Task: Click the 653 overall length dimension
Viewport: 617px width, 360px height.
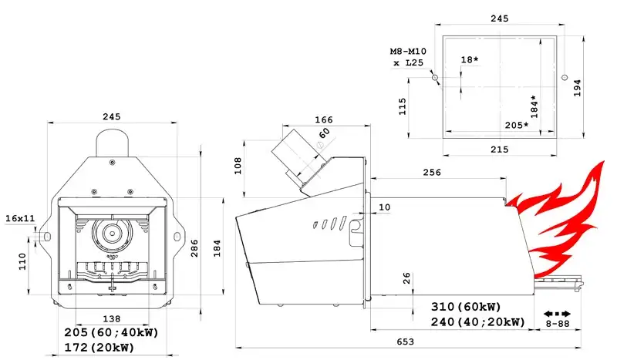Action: pyautogui.click(x=405, y=341)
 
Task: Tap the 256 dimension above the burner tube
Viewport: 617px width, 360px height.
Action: pyautogui.click(x=432, y=173)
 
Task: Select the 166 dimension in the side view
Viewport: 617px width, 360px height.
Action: pyautogui.click(x=323, y=119)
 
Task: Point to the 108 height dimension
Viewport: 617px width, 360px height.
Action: pyautogui.click(x=238, y=166)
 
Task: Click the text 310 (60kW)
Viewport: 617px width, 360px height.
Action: pyautogui.click(x=466, y=307)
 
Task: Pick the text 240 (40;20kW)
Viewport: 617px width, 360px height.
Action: pyautogui.click(x=477, y=321)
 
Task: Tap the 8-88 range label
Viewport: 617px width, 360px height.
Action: pyautogui.click(x=558, y=324)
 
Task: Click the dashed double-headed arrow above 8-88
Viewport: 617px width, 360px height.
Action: pyautogui.click(x=557, y=314)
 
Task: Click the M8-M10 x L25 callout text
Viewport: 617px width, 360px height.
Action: pyautogui.click(x=409, y=56)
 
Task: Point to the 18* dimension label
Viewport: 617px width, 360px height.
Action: pyautogui.click(x=470, y=59)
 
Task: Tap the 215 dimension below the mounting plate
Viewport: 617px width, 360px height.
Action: pyautogui.click(x=499, y=150)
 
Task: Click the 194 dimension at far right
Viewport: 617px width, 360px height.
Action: pyautogui.click(x=577, y=88)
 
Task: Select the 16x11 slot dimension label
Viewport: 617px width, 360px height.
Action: pyautogui.click(x=20, y=218)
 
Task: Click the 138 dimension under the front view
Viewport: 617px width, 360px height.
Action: pyautogui.click(x=111, y=318)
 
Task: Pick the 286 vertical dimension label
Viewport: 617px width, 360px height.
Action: pyautogui.click(x=194, y=248)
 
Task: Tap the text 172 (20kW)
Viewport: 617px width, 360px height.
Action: pyautogui.click(x=99, y=348)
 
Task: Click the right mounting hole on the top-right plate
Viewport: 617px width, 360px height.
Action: pyautogui.click(x=565, y=77)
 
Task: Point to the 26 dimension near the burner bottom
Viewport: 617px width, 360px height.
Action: pyautogui.click(x=406, y=278)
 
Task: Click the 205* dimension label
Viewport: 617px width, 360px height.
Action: pyautogui.click(x=517, y=125)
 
